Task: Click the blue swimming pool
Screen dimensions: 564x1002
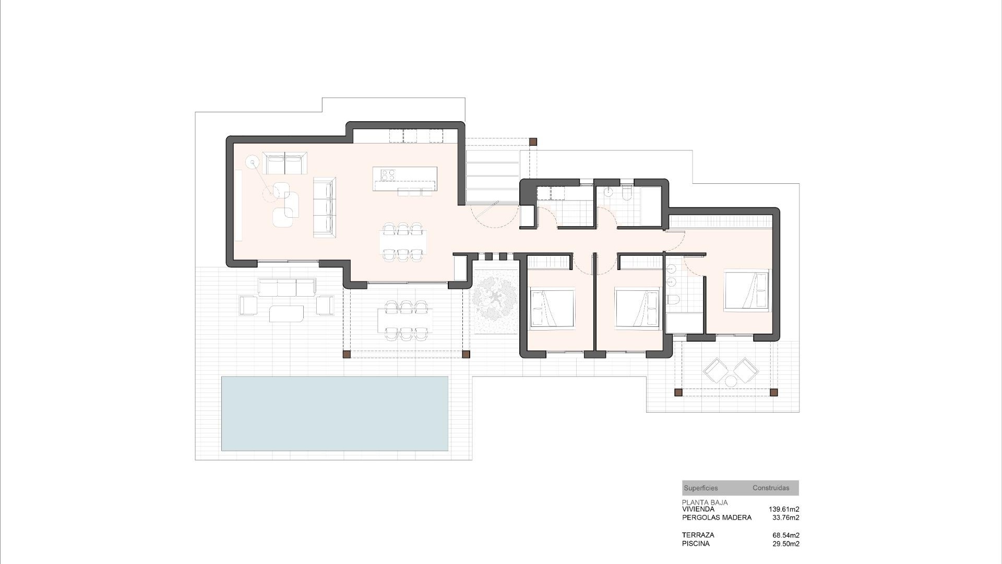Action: point(335,413)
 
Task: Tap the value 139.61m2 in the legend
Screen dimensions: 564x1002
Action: point(783,509)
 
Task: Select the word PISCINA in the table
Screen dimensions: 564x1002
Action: point(695,544)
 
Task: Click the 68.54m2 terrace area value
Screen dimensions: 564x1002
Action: point(785,535)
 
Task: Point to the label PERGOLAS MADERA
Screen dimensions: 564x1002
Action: point(717,518)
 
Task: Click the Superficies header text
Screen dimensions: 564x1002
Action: point(700,488)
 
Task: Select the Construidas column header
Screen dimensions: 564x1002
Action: point(770,488)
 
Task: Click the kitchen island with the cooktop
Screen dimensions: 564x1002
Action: point(404,179)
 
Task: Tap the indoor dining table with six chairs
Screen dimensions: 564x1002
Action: point(402,242)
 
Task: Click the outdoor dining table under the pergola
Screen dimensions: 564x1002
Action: point(404,320)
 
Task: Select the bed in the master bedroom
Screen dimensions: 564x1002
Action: point(746,291)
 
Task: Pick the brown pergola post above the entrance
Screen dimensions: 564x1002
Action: point(532,142)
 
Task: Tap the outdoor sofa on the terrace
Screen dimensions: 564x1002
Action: point(287,288)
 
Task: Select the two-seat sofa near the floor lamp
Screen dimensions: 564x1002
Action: point(285,163)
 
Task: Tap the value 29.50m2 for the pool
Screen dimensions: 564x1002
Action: point(785,544)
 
